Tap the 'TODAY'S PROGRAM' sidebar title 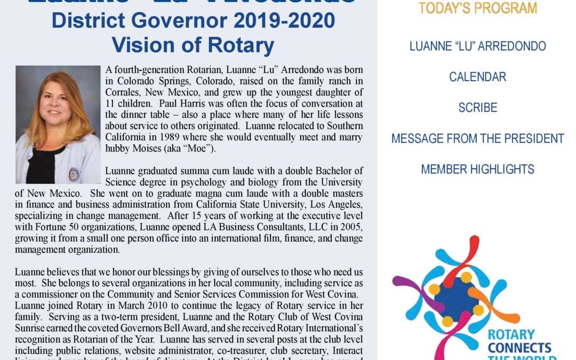(x=477, y=9)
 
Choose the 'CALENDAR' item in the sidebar (x=477, y=77)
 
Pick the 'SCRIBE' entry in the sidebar (x=477, y=108)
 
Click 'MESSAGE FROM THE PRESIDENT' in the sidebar (x=477, y=139)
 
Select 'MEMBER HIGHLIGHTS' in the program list (x=477, y=170)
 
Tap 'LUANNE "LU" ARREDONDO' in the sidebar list (x=477, y=46)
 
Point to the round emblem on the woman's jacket (x=74, y=174)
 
